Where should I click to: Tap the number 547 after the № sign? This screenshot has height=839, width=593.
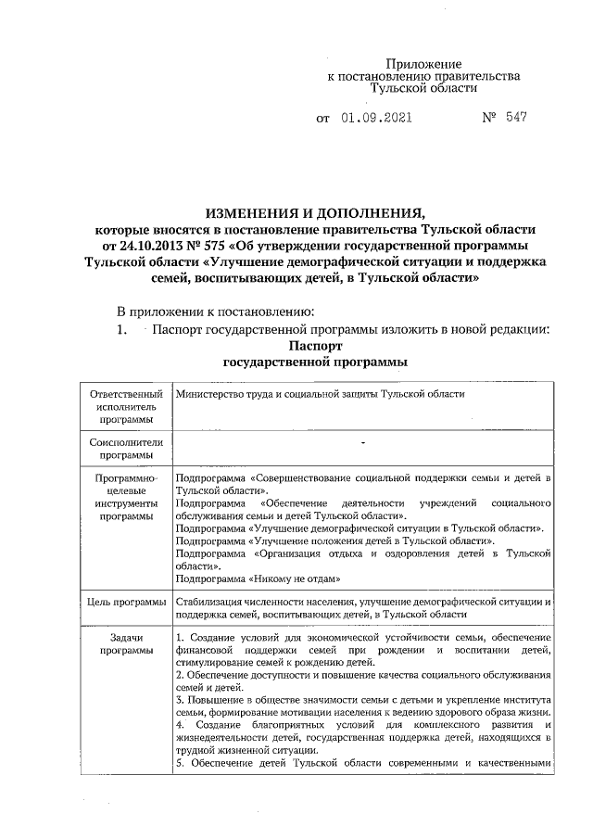[517, 120]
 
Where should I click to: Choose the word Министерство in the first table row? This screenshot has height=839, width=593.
[209, 395]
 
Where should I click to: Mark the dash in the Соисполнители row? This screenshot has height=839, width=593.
[363, 442]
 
